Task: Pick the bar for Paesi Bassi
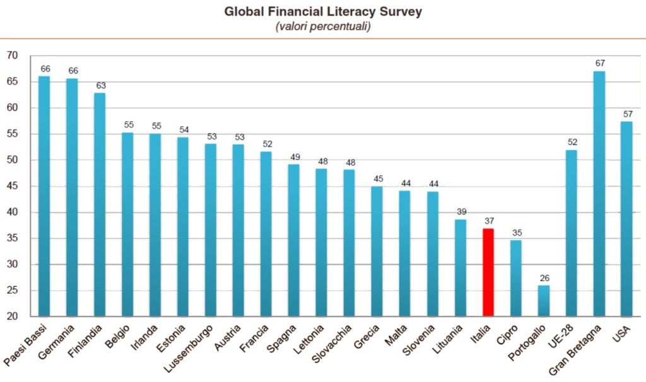(x=44, y=196)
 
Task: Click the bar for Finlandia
(x=100, y=204)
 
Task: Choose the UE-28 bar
(x=572, y=233)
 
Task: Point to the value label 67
(x=599, y=63)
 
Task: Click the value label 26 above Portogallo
(x=544, y=277)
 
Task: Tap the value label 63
(x=100, y=85)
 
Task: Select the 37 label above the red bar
(x=488, y=221)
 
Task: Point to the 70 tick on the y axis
(x=12, y=56)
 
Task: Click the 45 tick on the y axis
(x=12, y=187)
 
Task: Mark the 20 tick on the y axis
(x=12, y=316)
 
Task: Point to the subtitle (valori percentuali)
(x=322, y=26)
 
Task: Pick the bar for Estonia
(x=183, y=227)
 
